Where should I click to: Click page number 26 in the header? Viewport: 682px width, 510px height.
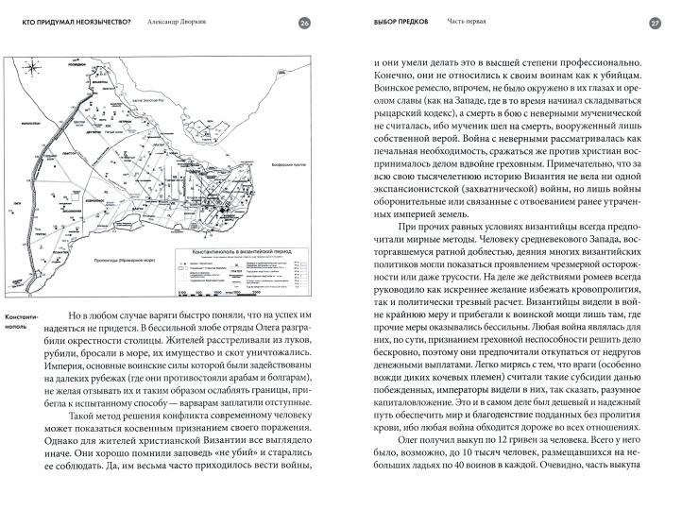[303, 23]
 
